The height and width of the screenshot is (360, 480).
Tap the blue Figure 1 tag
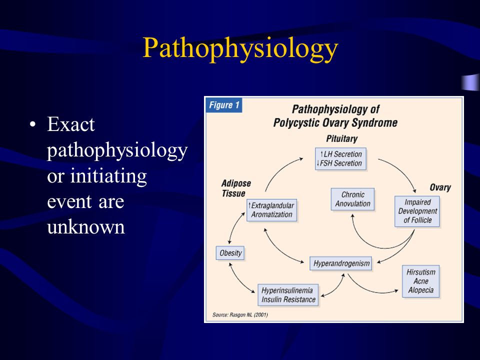pyautogui.click(x=224, y=105)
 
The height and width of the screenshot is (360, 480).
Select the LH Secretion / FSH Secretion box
pyautogui.click(x=340, y=159)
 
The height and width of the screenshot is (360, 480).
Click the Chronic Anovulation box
pyautogui.click(x=352, y=199)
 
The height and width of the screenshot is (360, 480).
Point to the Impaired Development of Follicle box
pyautogui.click(x=417, y=211)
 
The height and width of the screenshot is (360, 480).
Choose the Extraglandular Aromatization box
pyautogui.click(x=272, y=210)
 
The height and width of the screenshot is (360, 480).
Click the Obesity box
pyautogui.click(x=230, y=253)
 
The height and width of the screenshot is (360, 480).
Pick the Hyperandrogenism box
pyautogui.click(x=341, y=263)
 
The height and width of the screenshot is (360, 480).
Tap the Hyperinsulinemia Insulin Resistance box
pyautogui.click(x=288, y=295)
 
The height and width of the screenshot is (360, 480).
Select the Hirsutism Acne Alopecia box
pyautogui.click(x=421, y=281)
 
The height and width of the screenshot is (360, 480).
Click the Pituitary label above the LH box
pyautogui.click(x=341, y=138)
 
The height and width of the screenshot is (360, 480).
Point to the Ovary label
pyautogui.click(x=440, y=187)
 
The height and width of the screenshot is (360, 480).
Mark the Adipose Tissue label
pyautogui.click(x=235, y=188)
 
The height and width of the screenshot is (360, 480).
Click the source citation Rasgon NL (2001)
pyautogui.click(x=240, y=314)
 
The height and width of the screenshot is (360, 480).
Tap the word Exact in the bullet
pyautogui.click(x=70, y=124)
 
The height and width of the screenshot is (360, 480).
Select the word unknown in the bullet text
pyautogui.click(x=86, y=227)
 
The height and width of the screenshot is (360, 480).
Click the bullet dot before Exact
pyautogui.click(x=33, y=124)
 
